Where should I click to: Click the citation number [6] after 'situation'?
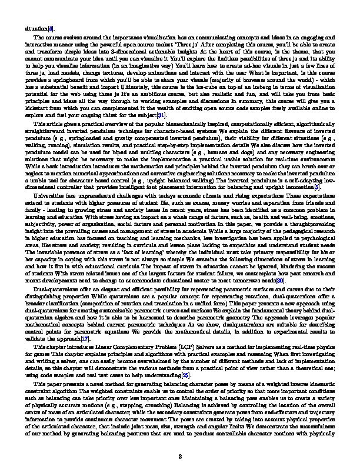click(x=51, y=28)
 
